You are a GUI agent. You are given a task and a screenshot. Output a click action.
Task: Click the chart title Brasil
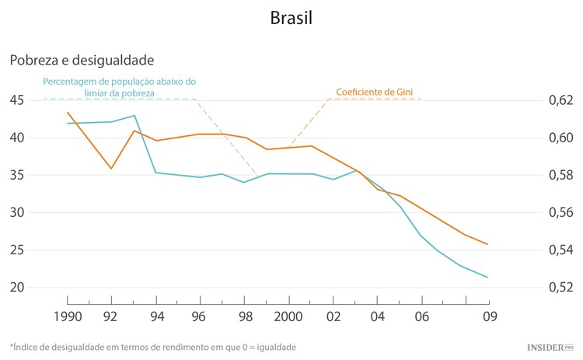click(291, 18)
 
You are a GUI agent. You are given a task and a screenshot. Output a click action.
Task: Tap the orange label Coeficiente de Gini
click(375, 92)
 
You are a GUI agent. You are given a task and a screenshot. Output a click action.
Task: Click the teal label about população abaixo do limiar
click(119, 86)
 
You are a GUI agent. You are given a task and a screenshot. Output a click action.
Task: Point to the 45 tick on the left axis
click(17, 100)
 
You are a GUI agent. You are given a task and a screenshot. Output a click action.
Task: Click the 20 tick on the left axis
click(17, 287)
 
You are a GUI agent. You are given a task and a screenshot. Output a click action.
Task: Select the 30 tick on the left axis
click(17, 212)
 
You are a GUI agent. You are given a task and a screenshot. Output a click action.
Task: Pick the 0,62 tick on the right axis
click(560, 100)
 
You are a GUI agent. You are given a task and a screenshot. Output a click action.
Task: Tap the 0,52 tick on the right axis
click(560, 287)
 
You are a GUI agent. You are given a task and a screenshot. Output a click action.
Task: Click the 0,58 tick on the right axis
click(560, 175)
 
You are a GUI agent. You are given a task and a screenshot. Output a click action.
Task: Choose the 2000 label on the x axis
click(289, 316)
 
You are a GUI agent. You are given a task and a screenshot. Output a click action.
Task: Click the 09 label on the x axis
click(489, 316)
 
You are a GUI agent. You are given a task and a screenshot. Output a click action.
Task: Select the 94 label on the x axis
click(156, 316)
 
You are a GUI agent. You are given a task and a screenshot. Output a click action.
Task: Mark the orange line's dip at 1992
click(111, 168)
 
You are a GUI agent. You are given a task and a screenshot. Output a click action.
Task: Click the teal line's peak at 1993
click(134, 116)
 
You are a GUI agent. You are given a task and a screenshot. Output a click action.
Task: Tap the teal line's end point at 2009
click(487, 277)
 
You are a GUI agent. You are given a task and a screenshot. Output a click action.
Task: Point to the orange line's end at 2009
click(487, 244)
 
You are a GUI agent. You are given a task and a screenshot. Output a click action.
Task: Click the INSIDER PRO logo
click(547, 346)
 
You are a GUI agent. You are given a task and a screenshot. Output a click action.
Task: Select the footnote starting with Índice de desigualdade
click(152, 347)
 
